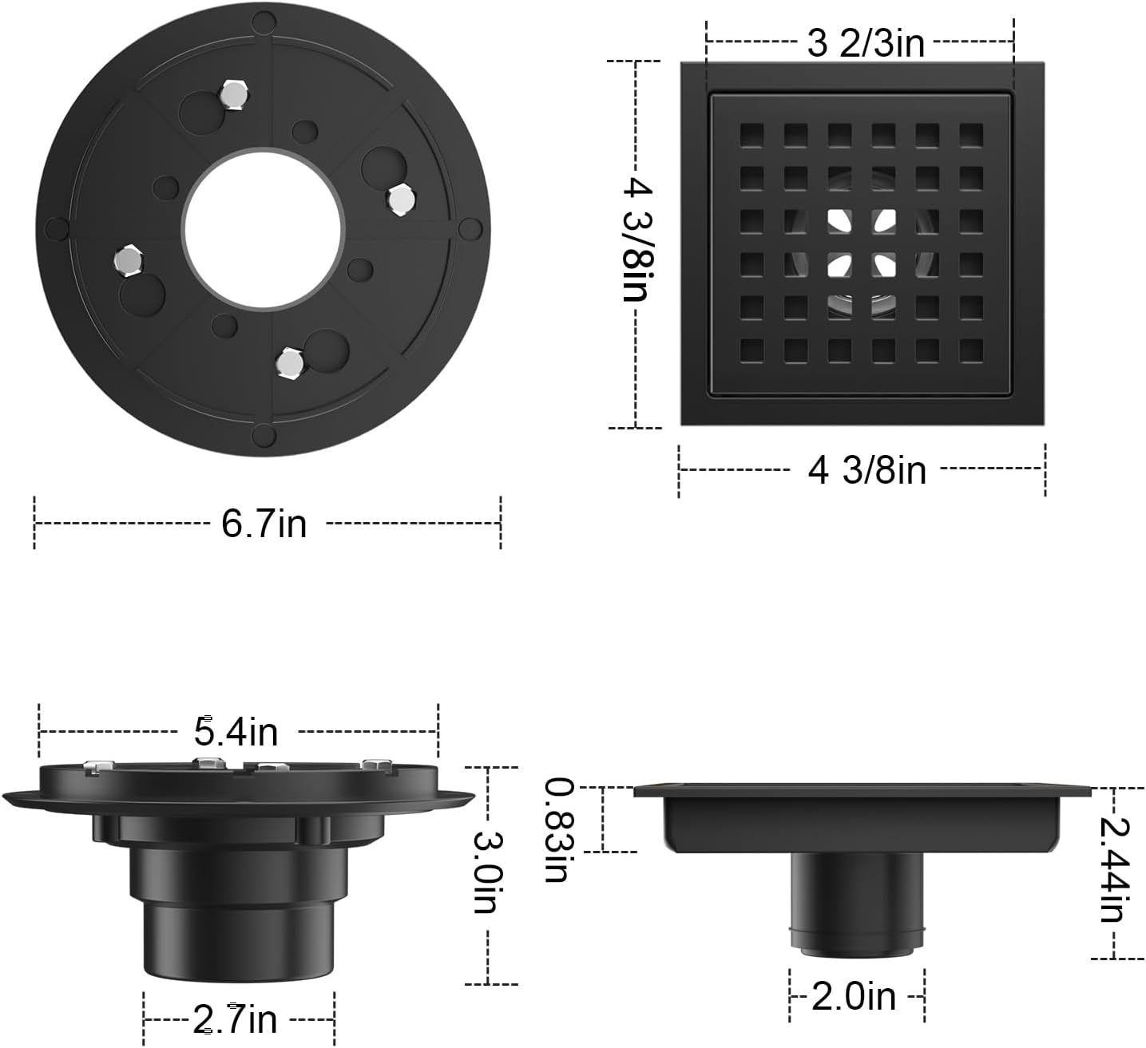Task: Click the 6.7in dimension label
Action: [264, 524]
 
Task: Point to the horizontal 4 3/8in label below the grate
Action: [866, 470]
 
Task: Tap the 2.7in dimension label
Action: [236, 1018]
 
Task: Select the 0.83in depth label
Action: [557, 829]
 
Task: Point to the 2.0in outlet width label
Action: [854, 996]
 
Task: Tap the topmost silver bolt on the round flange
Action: [233, 95]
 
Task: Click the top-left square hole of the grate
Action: [751, 134]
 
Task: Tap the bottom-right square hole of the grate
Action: [971, 350]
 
